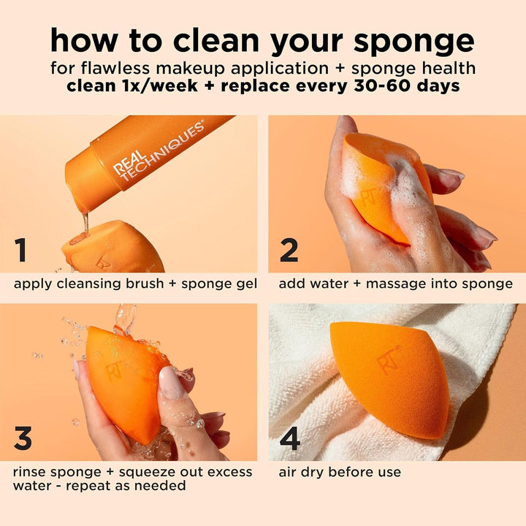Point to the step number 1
tap(21, 250)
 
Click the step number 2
tap(289, 250)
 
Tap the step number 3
tap(23, 438)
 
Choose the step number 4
tap(290, 439)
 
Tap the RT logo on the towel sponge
tap(389, 359)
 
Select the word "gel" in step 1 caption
tap(245, 283)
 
